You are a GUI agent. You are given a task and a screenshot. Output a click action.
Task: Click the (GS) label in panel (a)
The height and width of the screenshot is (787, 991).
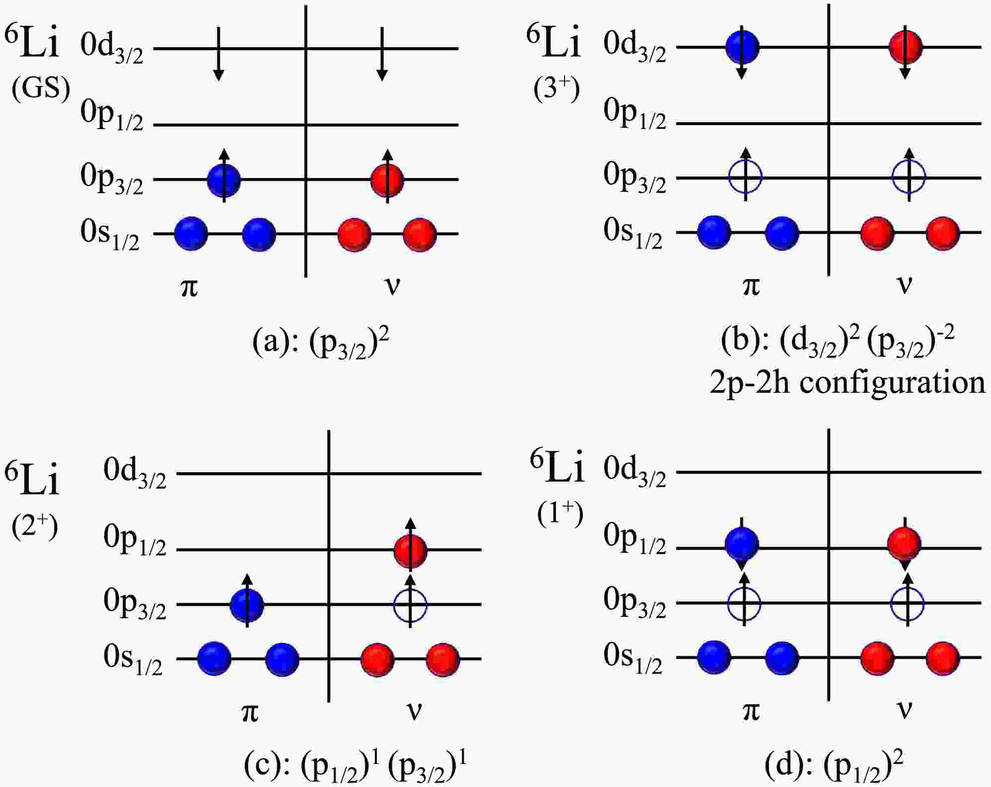point(41,89)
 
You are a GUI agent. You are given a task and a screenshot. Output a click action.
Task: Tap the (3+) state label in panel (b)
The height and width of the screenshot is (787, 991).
point(557,89)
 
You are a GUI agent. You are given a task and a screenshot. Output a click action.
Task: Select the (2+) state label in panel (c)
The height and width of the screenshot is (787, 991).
point(35,527)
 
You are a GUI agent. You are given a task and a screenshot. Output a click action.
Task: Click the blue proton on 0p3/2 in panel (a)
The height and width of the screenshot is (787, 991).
point(224,180)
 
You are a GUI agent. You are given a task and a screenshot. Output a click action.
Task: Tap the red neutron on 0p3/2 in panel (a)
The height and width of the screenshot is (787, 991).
point(387,180)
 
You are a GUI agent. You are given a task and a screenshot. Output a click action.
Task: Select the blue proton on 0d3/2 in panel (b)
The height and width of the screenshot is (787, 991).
point(742,47)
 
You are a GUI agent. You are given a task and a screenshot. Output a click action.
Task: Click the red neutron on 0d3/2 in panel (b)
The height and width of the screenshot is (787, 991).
point(906,47)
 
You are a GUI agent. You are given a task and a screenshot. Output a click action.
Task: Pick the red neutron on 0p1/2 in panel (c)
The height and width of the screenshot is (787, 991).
point(410,550)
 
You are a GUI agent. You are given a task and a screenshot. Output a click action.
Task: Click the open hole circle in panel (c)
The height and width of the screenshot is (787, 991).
point(410,605)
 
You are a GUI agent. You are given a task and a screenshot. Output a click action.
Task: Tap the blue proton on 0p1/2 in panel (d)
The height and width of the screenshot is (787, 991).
point(742,543)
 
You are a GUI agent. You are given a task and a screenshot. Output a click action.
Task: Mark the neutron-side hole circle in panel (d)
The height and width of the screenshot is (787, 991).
point(908,604)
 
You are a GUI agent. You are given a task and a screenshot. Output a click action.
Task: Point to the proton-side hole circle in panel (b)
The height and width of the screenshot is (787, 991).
point(745,177)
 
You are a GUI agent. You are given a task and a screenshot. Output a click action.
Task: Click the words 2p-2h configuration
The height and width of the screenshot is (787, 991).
point(847,382)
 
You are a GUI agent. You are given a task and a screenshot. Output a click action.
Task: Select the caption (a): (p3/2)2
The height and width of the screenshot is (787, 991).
point(321,343)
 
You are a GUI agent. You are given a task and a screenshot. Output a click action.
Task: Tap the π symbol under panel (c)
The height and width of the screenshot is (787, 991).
point(250,713)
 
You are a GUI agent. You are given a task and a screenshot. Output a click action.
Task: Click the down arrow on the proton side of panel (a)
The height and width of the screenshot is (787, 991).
point(218,55)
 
